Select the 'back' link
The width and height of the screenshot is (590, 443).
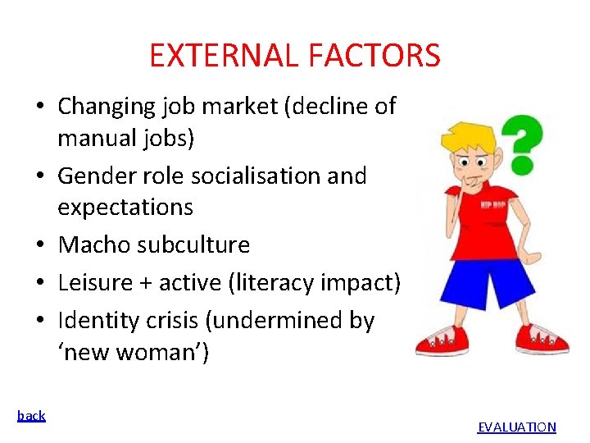tap(31, 415)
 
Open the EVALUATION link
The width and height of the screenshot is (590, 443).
tap(516, 427)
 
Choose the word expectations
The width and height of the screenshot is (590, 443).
tap(125, 207)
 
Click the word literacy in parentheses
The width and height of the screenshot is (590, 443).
tap(271, 283)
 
